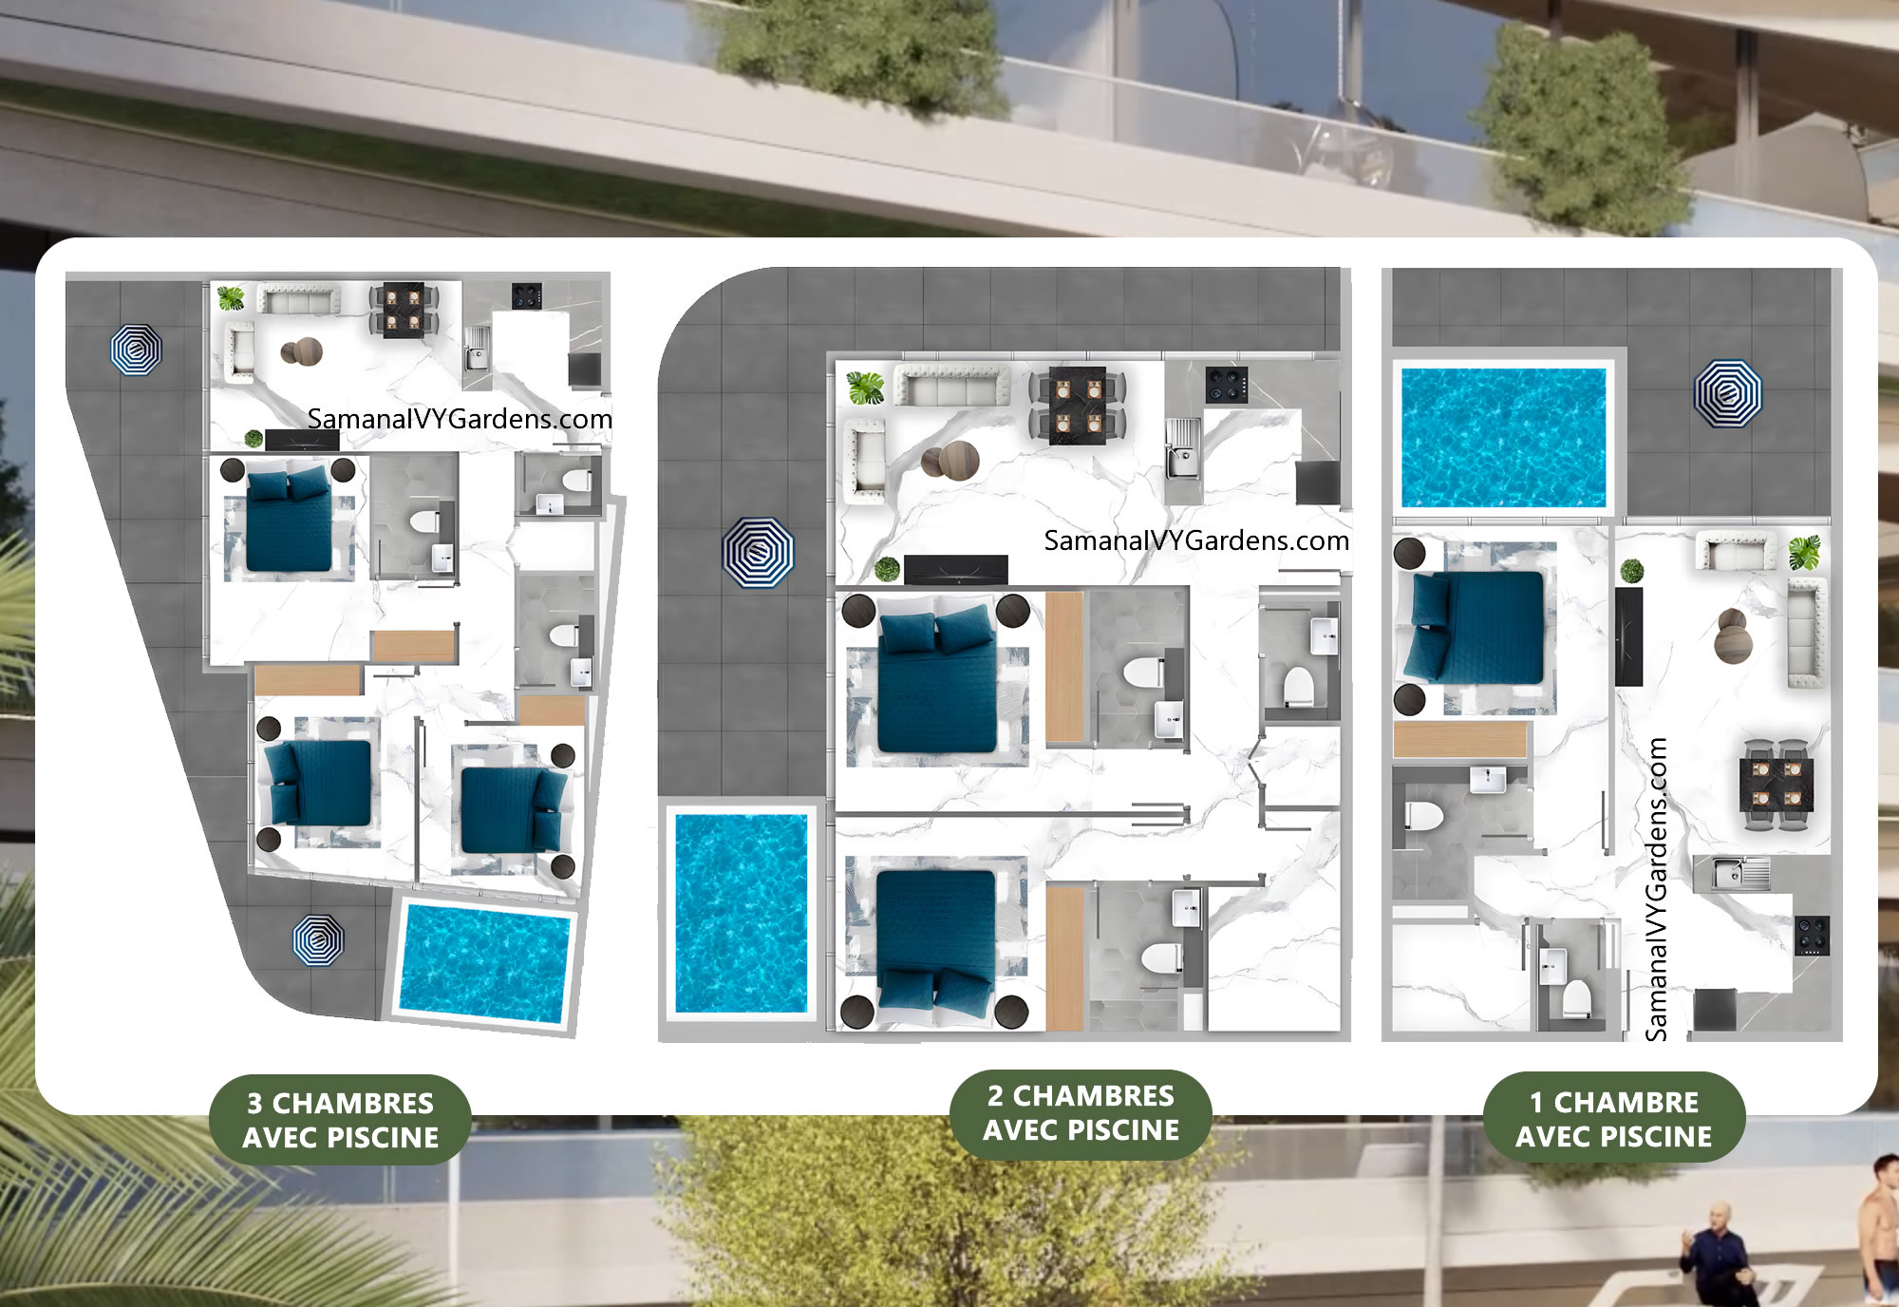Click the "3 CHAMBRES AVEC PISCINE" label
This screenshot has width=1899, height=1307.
[340, 1120]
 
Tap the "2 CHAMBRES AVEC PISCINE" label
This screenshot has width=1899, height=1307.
[1081, 1113]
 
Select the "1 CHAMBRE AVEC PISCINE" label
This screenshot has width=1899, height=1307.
[1613, 1118]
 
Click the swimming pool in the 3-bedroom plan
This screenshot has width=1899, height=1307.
[484, 964]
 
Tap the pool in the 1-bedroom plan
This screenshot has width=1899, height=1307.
[1504, 437]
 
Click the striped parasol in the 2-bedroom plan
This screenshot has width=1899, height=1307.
[757, 552]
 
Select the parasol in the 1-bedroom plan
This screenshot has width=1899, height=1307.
[1728, 393]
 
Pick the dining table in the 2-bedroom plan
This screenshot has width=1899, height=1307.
[1078, 406]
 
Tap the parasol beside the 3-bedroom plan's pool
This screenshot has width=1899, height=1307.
[318, 940]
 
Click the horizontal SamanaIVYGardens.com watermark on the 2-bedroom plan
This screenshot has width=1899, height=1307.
[1196, 540]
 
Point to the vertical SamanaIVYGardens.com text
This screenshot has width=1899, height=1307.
[1657, 889]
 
